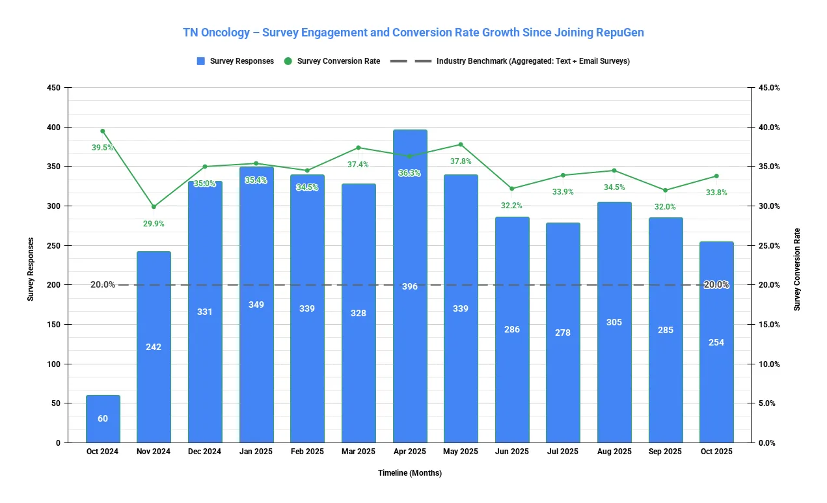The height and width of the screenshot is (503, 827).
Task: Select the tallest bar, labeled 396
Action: (x=410, y=286)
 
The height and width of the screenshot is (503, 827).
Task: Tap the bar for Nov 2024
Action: (x=154, y=347)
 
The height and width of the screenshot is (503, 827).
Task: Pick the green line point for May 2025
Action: (x=461, y=144)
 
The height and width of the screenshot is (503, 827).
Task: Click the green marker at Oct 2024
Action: (x=103, y=131)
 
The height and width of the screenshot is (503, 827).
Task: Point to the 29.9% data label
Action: (x=154, y=224)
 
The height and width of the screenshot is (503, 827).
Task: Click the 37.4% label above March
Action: (x=358, y=165)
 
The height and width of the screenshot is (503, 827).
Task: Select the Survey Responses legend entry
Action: (x=235, y=61)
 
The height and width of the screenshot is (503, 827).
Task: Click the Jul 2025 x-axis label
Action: (x=563, y=452)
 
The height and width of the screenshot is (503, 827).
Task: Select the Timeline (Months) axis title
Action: (x=410, y=473)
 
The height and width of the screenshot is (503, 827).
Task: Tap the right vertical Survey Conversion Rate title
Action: (x=797, y=269)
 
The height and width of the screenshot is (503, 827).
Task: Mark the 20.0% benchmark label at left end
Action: (x=103, y=284)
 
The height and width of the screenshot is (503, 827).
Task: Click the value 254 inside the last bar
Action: (x=716, y=342)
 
